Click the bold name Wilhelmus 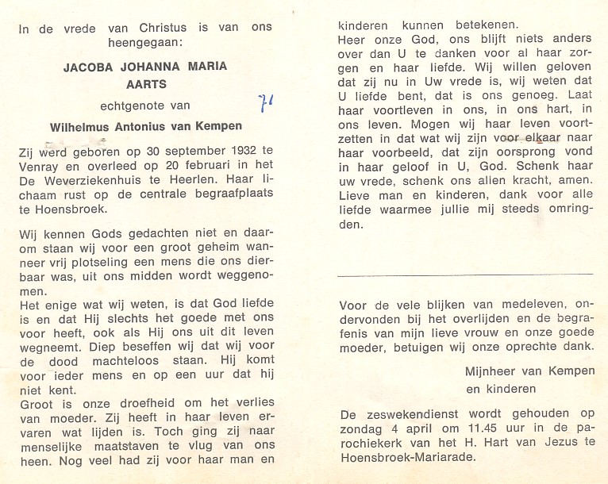coord(83,125)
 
